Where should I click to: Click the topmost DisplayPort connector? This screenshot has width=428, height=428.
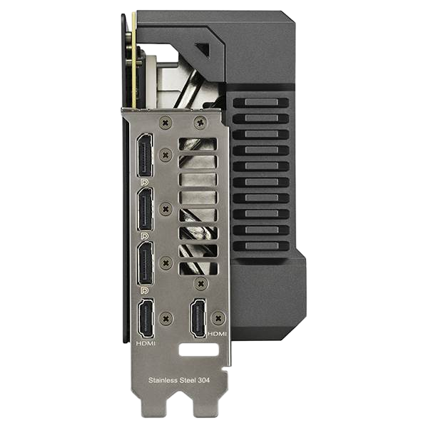tap(145, 156)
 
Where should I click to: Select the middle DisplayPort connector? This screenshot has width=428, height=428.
tap(145, 210)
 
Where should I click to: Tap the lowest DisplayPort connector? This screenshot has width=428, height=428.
tap(146, 263)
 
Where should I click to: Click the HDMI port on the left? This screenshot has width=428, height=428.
tap(146, 318)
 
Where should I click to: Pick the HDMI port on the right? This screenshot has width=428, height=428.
tap(198, 318)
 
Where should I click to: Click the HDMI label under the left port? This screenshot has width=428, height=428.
tap(146, 344)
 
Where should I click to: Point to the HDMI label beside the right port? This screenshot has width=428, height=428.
tap(218, 334)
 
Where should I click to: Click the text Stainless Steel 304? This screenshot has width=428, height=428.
tap(179, 380)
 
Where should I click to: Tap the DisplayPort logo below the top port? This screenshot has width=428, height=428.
tap(144, 182)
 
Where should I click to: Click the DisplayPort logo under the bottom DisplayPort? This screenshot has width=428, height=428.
tap(144, 290)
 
